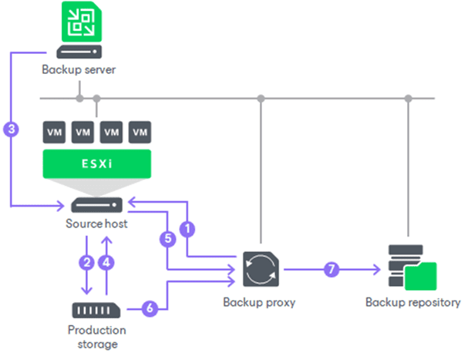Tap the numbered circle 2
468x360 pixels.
coord(89,261)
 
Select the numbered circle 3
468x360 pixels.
coord(11,130)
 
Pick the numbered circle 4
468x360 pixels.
coord(108,261)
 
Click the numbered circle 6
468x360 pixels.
coord(150,308)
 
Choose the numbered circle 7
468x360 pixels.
coord(332,271)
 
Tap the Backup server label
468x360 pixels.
coord(79,70)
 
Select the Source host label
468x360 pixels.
coord(96,224)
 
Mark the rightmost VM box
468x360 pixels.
coord(139,133)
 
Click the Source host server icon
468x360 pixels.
coord(96,205)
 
